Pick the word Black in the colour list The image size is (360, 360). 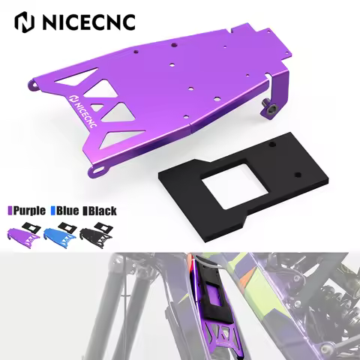tap(103, 211)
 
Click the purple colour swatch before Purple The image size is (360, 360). tap(10, 211)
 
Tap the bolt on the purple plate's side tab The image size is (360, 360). tap(269, 109)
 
